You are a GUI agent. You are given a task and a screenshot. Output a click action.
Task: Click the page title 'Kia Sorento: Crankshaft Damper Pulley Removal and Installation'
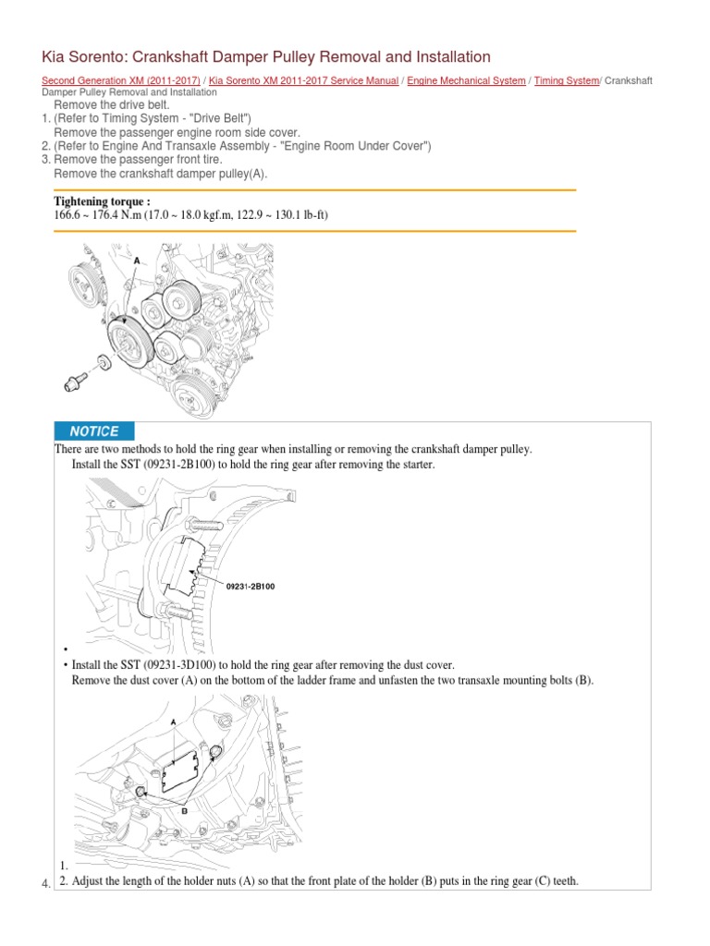[266, 57]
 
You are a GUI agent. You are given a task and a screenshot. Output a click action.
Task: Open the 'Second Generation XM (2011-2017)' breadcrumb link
[121, 81]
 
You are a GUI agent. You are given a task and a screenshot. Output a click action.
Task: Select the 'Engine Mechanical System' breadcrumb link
[466, 81]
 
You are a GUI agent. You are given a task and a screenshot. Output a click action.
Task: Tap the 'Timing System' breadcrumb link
[567, 81]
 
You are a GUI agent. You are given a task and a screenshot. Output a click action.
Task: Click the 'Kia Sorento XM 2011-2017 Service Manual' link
[304, 81]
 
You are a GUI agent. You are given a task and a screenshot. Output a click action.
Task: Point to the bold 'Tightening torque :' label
[102, 201]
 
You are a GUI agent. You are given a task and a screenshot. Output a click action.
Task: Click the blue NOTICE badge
[94, 431]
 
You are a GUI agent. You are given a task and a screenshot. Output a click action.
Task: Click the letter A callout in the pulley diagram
[137, 261]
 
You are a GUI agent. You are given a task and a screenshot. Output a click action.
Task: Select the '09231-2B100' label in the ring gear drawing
[250, 585]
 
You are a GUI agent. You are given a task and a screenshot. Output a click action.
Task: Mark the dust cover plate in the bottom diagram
[181, 770]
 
